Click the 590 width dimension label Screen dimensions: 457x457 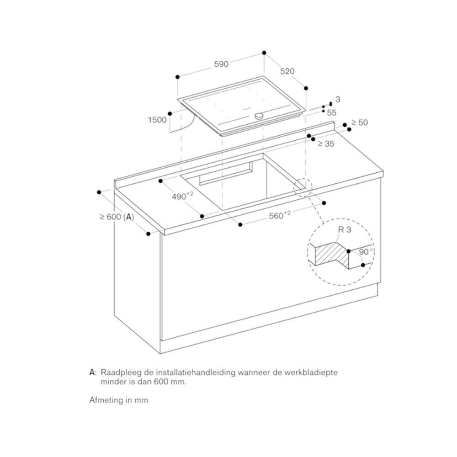click(x=221, y=64)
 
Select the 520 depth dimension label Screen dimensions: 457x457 click(x=287, y=72)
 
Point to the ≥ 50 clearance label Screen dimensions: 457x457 click(x=359, y=122)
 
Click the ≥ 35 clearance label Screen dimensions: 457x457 click(x=326, y=143)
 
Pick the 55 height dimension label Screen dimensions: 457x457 click(x=331, y=112)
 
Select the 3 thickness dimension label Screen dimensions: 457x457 click(x=338, y=99)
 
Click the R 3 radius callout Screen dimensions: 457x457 click(x=344, y=231)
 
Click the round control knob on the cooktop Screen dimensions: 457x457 click(x=260, y=116)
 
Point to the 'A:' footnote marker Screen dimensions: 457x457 click(x=93, y=372)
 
